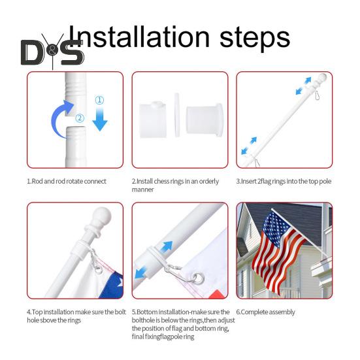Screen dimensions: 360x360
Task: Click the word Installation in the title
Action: click(139, 37)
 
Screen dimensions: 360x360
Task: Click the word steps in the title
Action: click(255, 38)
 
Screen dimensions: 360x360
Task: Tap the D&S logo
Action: click(52, 52)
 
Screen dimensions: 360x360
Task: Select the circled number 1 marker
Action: click(99, 101)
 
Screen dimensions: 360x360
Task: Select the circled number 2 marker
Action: click(80, 118)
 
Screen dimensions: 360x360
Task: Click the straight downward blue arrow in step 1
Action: click(100, 120)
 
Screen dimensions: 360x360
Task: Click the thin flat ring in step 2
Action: click(177, 115)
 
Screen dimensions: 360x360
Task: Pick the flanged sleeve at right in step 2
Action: click(205, 120)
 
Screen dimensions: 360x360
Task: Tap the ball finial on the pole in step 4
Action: click(102, 217)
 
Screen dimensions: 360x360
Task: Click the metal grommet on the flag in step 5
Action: click(198, 278)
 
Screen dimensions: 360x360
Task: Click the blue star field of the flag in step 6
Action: click(276, 228)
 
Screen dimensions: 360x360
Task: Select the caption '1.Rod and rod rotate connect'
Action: click(67, 181)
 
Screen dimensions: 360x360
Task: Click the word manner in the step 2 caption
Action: click(142, 189)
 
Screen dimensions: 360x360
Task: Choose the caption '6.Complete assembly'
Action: click(266, 312)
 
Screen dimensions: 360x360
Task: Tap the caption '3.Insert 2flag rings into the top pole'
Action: click(284, 181)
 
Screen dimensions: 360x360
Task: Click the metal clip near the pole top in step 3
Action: click(317, 95)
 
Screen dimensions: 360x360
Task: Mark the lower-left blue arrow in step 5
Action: click(140, 272)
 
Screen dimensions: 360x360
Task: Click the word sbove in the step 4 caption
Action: click(48, 320)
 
